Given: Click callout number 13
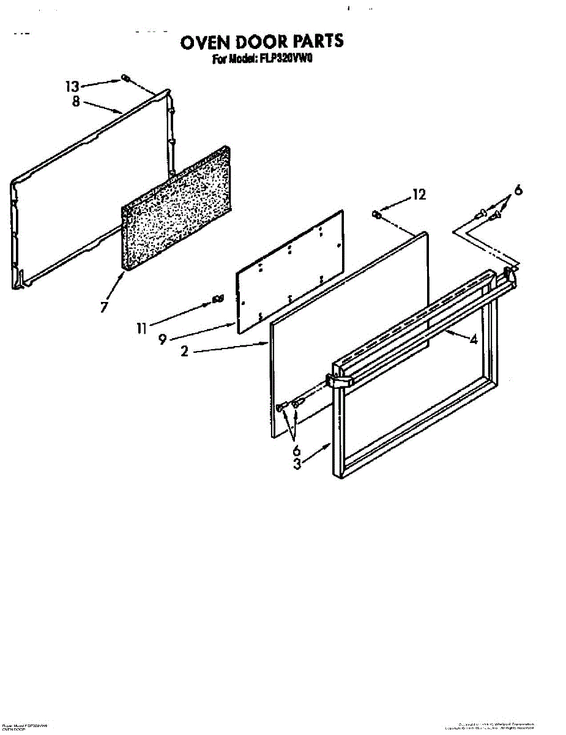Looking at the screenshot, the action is tap(73, 86).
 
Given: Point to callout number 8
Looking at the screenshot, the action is tap(76, 101).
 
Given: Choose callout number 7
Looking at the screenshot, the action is tap(105, 306).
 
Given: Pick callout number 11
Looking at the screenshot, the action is tap(141, 329).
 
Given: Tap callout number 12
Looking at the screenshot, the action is tap(419, 195).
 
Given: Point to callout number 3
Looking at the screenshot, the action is tap(297, 464).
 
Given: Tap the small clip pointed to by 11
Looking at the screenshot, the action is tap(216, 298).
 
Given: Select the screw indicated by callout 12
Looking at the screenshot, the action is tap(377, 214).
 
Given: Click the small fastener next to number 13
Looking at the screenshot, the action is tap(124, 78).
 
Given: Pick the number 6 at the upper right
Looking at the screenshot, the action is tap(518, 190).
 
